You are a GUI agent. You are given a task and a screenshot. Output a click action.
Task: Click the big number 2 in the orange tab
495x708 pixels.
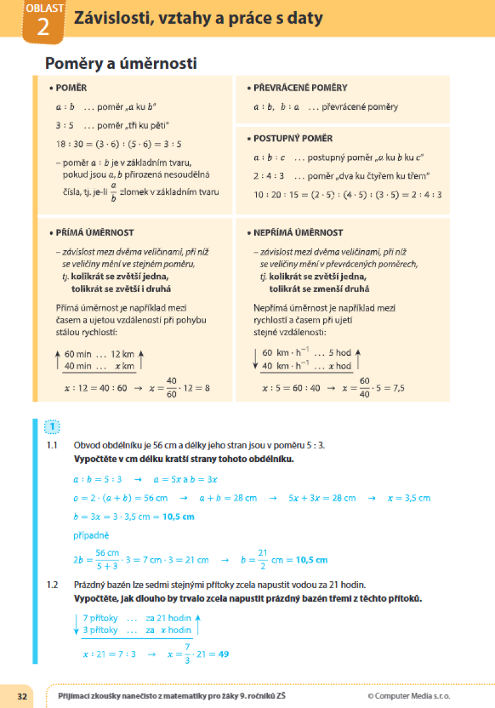click(x=42, y=27)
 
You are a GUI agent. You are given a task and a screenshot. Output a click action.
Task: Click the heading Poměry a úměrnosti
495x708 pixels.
click(x=121, y=63)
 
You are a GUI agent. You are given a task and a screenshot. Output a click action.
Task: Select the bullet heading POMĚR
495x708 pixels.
click(x=71, y=88)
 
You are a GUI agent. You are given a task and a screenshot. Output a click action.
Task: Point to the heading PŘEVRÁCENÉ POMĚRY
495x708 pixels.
click(x=300, y=88)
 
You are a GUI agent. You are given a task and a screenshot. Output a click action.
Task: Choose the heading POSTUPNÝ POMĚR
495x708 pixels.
click(x=293, y=139)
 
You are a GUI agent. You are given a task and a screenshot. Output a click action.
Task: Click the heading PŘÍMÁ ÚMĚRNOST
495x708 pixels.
click(x=94, y=233)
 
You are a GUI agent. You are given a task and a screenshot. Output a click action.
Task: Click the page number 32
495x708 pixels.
click(x=22, y=696)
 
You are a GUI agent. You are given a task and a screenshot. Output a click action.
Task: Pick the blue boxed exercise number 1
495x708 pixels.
click(x=53, y=426)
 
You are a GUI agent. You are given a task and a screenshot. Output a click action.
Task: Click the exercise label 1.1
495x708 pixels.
click(x=53, y=445)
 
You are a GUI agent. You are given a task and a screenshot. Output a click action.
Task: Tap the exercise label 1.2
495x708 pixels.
click(x=53, y=585)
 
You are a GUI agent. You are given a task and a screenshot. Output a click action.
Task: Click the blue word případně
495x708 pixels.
click(x=87, y=536)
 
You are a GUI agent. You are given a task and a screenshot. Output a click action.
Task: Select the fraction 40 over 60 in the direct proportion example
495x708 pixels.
click(x=172, y=388)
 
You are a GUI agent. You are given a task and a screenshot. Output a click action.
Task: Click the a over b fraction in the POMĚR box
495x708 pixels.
click(x=113, y=192)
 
